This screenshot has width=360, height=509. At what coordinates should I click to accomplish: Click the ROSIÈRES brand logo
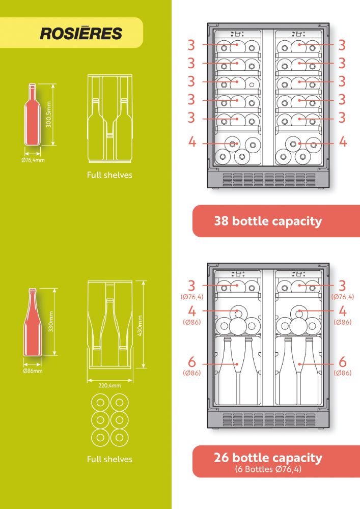pyautogui.click(x=81, y=33)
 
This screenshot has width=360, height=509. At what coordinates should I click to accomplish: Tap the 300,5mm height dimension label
pyautogui.click(x=49, y=114)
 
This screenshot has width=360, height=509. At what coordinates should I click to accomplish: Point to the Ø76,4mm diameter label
pyautogui.click(x=33, y=160)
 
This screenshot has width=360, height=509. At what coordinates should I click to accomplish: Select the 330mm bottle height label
pyautogui.click(x=50, y=321)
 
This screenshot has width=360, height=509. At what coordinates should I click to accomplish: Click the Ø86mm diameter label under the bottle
pyautogui.click(x=33, y=371)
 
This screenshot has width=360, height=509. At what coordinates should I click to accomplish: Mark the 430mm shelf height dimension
pyautogui.click(x=140, y=326)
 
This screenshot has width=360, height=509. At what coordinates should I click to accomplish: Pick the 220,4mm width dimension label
pyautogui.click(x=109, y=386)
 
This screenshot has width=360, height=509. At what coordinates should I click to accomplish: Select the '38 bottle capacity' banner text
pyautogui.click(x=268, y=221)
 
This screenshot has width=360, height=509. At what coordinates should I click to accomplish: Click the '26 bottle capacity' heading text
pyautogui.click(x=268, y=458)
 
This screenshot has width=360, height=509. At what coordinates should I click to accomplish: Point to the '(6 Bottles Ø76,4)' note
pyautogui.click(x=268, y=469)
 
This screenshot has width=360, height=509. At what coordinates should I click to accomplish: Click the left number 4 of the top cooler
pyautogui.click(x=192, y=142)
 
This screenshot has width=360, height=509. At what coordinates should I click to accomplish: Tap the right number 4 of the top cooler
pyautogui.click(x=343, y=142)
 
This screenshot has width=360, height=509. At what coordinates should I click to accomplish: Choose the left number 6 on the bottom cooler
pyautogui.click(x=192, y=361)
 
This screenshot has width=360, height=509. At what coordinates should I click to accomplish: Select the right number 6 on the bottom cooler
pyautogui.click(x=343, y=361)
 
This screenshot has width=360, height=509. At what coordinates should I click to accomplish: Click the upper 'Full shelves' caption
pyautogui.click(x=109, y=175)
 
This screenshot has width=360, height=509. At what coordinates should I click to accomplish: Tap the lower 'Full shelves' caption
pyautogui.click(x=109, y=459)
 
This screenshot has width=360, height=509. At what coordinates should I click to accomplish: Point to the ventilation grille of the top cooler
pyautogui.click(x=269, y=180)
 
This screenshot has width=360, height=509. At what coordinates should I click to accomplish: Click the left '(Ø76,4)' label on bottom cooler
pyautogui.click(x=192, y=297)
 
